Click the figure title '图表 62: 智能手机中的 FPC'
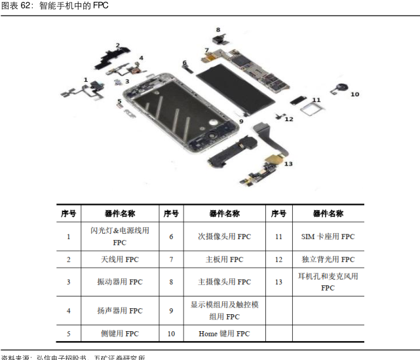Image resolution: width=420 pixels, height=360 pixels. coord(54,6)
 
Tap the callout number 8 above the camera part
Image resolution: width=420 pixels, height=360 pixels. coord(218,30)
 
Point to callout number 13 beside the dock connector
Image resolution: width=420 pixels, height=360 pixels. coord(288,164)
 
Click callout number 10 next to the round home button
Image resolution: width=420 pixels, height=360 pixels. coord(354,94)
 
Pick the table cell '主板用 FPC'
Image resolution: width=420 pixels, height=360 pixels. coord(224,260)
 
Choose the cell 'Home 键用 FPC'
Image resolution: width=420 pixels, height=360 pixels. coord(224,334)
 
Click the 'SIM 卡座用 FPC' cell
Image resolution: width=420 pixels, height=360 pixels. coord(328,236)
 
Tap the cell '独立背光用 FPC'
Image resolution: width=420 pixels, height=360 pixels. coord(328,260)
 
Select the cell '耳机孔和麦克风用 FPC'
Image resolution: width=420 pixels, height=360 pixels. coord(328,282)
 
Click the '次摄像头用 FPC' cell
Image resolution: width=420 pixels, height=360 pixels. coord(224,236)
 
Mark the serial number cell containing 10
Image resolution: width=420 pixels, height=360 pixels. coord(171,334)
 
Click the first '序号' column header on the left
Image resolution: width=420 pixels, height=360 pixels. coord(68,213)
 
